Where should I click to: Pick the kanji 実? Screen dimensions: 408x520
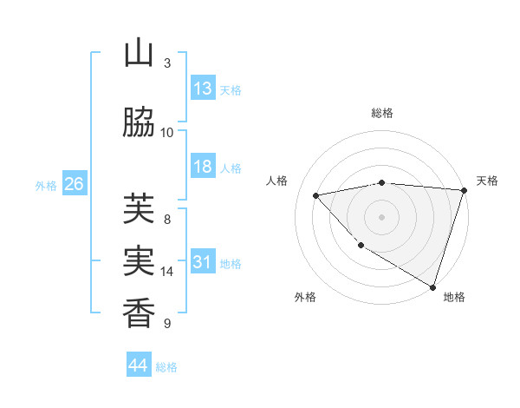pos(139,261)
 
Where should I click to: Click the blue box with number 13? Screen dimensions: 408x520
pos(203,89)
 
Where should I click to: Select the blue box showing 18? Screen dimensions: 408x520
pos(203,167)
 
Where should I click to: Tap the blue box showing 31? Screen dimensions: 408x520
pos(203,262)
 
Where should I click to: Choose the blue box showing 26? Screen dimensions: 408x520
pos(74,184)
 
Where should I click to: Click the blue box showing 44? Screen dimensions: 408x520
pos(139,365)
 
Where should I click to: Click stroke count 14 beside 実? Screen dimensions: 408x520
pos(167,272)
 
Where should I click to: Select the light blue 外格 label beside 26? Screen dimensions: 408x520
pos(46,185)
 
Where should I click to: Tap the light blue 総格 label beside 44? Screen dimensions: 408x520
pos(167,367)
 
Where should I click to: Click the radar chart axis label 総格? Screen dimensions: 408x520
pos(381,113)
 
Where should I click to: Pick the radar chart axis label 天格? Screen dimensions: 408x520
pos(487,181)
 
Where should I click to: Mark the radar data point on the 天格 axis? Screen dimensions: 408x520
pos(464,190)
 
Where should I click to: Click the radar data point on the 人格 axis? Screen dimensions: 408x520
pos(316,195)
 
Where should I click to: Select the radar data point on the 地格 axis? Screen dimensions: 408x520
pos(432,286)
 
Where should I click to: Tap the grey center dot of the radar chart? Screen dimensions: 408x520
pos(381,216)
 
